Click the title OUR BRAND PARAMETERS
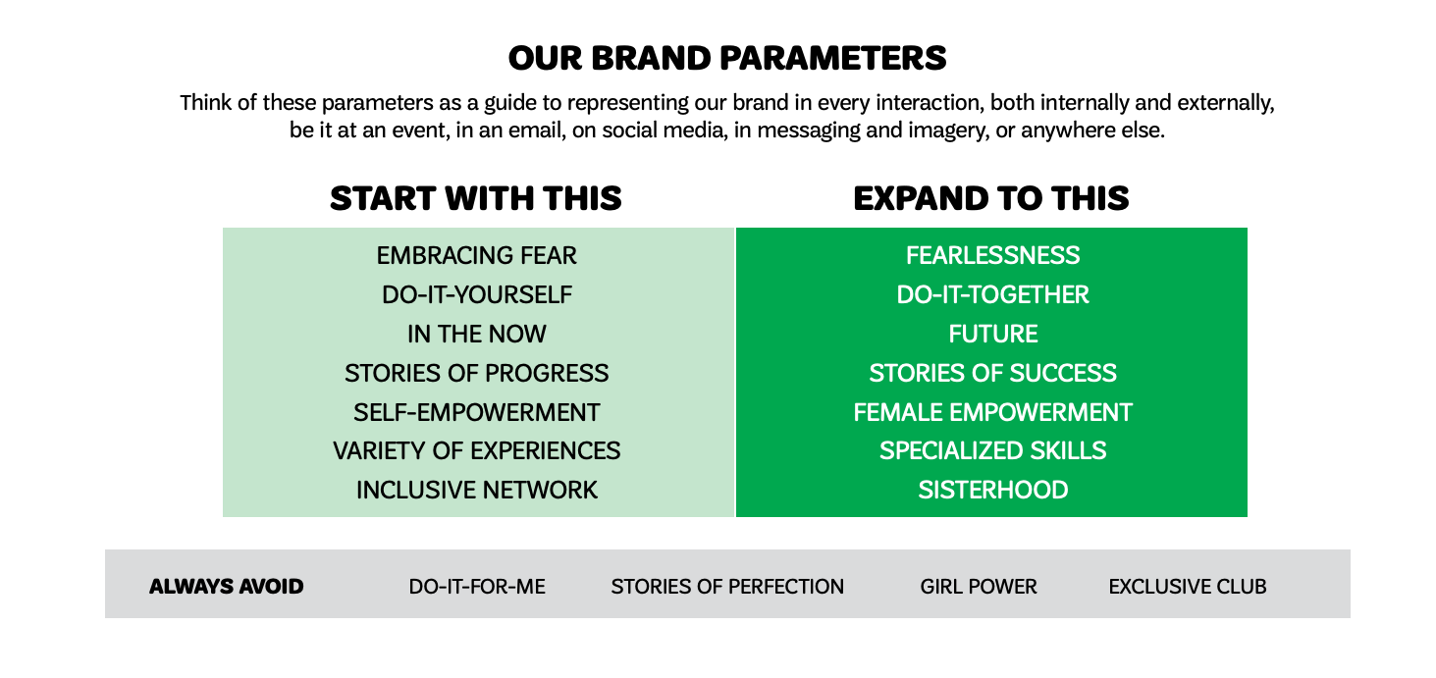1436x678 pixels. pos(727,58)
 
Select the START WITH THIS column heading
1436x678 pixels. pos(476,198)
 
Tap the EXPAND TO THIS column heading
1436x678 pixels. pos(991,198)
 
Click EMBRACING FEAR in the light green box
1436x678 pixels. pos(476,256)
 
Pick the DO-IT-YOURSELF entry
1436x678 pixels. pos(476,295)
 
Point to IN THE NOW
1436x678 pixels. pos(476,335)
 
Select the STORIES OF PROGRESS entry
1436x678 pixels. pos(476,374)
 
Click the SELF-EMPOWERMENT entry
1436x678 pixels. pos(476,412)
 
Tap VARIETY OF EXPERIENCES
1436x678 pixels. pos(476,451)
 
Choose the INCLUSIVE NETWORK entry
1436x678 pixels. pos(476,490)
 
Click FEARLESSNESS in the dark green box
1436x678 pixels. pos(992,256)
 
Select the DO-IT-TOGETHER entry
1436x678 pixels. pos(992,295)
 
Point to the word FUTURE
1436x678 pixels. pos(992,335)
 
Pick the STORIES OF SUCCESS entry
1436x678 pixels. pos(992,374)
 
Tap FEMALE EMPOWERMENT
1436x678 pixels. pos(992,412)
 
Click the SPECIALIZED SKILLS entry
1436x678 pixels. pos(992,451)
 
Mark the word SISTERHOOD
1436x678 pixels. pos(992,490)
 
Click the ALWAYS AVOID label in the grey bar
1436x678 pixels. pos(226,587)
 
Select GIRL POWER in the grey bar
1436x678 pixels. pos(979,587)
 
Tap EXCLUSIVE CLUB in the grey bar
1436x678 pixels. pos(1187,587)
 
